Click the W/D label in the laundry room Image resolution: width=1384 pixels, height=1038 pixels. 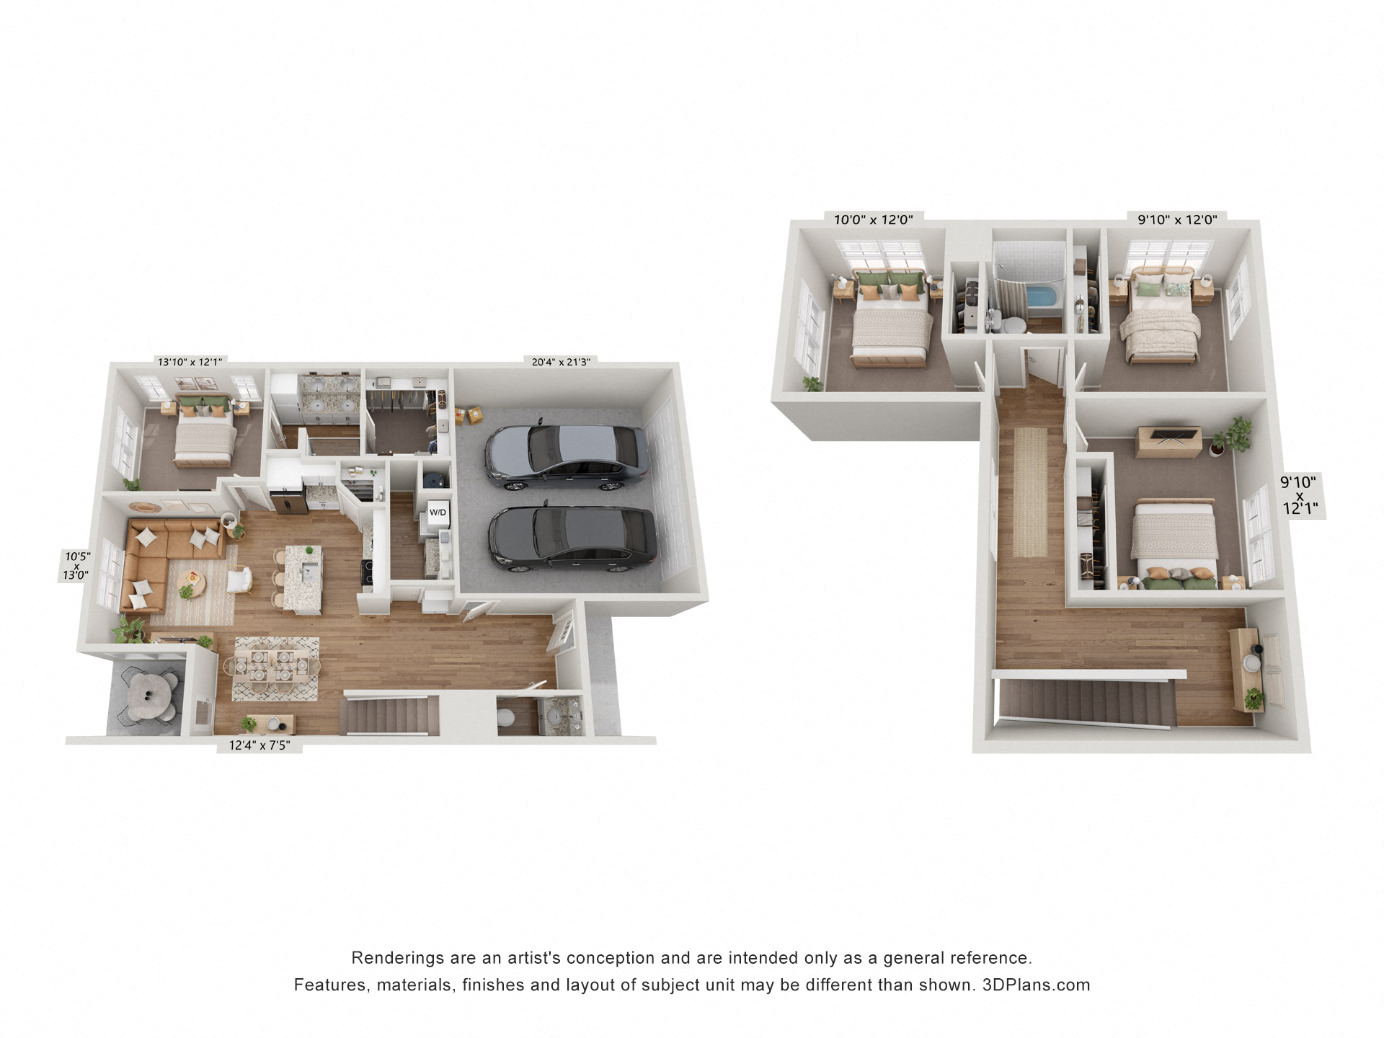pos(438,513)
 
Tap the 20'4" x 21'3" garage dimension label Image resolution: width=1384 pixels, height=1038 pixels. pos(561,362)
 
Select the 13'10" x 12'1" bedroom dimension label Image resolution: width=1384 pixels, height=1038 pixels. pos(190,362)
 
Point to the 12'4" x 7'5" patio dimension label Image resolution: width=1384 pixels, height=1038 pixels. pos(259,745)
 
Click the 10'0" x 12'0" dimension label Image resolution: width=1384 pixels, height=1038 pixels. pos(873,220)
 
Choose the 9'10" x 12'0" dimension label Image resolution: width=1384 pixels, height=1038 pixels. pos(1177,220)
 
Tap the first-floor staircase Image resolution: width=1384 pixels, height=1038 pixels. pos(390,714)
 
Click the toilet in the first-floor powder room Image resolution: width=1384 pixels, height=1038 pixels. pos(506,717)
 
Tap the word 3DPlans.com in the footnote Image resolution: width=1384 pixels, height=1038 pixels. pos(1036,985)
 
